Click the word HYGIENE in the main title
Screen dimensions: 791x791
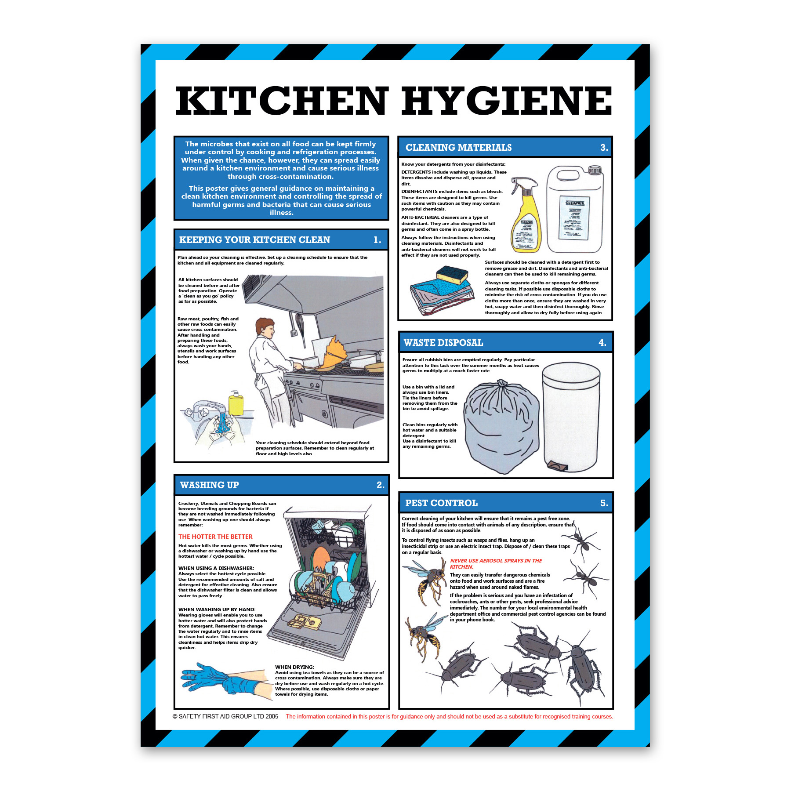pos(506,101)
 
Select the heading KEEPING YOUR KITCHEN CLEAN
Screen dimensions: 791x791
pos(254,240)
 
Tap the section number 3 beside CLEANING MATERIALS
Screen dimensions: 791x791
pos(604,148)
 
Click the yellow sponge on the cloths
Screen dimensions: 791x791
pos(452,275)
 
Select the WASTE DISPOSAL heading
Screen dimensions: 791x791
pos(443,343)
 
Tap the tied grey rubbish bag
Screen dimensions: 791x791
pos(501,427)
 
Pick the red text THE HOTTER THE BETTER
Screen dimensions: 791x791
pos(215,537)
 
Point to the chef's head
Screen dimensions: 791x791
pos(265,327)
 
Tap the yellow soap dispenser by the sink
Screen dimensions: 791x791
pos(236,403)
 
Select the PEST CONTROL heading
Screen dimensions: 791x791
pos(441,503)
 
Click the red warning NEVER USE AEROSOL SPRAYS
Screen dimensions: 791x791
pos(496,564)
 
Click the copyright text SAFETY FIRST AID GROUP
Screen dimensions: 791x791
pos(225,716)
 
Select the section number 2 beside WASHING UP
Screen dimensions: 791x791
pos(381,485)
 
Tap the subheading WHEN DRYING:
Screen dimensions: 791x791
pos(294,667)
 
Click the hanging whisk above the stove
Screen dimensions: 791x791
pos(301,324)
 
